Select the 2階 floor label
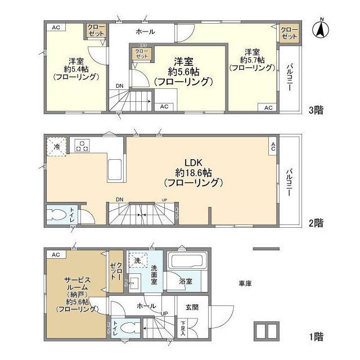[315, 223]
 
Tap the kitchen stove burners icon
[82, 146]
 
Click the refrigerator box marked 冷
[57, 146]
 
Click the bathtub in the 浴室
[188, 263]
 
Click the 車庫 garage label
[245, 283]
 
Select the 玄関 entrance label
[183, 307]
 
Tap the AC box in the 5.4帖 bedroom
[56, 27]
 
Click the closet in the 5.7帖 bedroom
[289, 32]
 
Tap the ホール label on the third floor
[145, 31]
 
